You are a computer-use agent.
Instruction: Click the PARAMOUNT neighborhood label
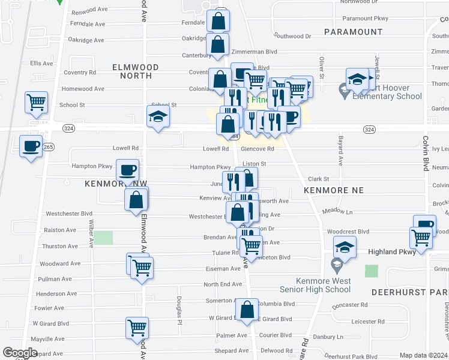point(353,32)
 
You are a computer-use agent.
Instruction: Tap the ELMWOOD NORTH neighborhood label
point(136,71)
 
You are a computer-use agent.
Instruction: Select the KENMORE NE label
point(334,190)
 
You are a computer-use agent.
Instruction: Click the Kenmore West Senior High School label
point(323,285)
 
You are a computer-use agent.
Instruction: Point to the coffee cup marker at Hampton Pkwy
point(127,170)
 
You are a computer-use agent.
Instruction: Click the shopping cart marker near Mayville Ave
point(137,328)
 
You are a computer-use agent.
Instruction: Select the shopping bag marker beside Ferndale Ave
point(218,21)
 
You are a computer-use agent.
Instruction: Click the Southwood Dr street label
point(292,36)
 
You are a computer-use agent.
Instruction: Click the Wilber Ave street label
point(92,234)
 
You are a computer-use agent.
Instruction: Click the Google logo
point(20,353)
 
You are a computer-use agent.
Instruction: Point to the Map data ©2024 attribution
point(423,355)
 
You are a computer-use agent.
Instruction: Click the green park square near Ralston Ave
point(104,237)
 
